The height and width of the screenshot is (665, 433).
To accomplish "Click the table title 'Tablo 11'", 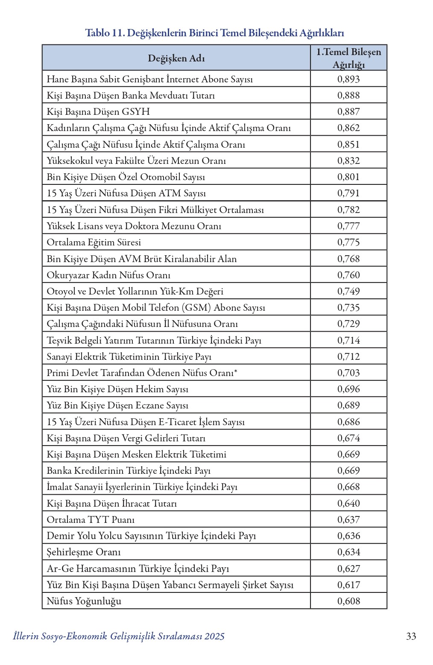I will click(104, 33).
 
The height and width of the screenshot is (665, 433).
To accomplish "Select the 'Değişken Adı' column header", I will click(176, 58).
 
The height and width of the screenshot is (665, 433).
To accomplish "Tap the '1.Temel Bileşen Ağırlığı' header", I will click(348, 58).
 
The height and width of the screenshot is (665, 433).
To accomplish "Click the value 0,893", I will click(348, 79).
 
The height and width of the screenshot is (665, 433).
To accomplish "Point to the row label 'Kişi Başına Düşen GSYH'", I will click(98, 112).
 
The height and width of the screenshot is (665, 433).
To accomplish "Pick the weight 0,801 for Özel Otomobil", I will click(348, 177).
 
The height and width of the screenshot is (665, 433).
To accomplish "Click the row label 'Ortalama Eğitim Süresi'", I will click(94, 242).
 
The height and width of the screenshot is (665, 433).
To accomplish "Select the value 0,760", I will click(348, 275).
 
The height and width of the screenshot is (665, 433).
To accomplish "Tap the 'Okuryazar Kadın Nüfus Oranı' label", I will click(108, 275).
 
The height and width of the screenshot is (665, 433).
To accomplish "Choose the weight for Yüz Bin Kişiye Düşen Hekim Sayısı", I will click(348, 389).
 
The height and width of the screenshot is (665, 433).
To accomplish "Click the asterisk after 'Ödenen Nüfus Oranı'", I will click(236, 371).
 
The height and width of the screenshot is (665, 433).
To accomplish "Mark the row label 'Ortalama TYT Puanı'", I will click(91, 520).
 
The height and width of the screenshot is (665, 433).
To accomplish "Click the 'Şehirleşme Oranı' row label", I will click(84, 552).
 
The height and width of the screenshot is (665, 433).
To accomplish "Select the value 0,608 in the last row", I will click(348, 601).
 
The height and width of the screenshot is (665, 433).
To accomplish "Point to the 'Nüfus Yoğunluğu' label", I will click(84, 601).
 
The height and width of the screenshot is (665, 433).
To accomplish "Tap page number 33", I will click(411, 636).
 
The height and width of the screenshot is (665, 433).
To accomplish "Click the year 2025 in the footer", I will click(214, 636).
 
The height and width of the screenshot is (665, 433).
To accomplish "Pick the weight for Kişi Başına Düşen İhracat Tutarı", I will click(348, 503).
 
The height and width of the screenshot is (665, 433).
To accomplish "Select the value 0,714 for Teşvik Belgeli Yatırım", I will click(348, 340).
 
